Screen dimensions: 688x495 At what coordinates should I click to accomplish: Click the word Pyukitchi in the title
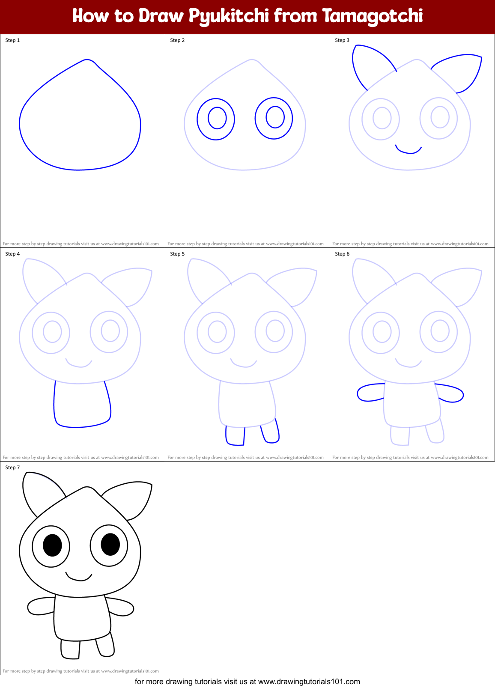pyautogui.click(x=229, y=16)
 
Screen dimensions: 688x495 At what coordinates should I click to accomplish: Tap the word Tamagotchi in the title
pyautogui.click(x=372, y=16)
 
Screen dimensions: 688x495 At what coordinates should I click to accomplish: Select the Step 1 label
pyautogui.click(x=12, y=40)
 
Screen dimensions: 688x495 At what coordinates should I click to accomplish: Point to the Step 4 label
pyautogui.click(x=12, y=254)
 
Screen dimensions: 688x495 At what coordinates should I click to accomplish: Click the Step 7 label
pyautogui.click(x=12, y=468)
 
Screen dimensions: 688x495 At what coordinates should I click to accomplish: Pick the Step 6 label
pyautogui.click(x=342, y=254)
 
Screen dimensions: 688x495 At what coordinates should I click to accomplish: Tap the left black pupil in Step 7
pyautogui.click(x=52, y=545)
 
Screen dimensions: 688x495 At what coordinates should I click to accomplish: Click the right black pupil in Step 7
pyautogui.click(x=110, y=544)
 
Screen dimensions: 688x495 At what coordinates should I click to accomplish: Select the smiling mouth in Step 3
pyautogui.click(x=409, y=151)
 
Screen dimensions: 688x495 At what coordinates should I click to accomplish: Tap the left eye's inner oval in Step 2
pyautogui.click(x=217, y=118)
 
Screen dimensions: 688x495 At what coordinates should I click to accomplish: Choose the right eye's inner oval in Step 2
pyautogui.click(x=275, y=116)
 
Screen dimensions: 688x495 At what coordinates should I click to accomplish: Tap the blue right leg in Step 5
pyautogui.click(x=271, y=432)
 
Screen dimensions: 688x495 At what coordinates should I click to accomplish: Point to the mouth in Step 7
pyautogui.click(x=79, y=578)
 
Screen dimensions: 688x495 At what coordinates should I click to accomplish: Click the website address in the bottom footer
pyautogui.click(x=309, y=682)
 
